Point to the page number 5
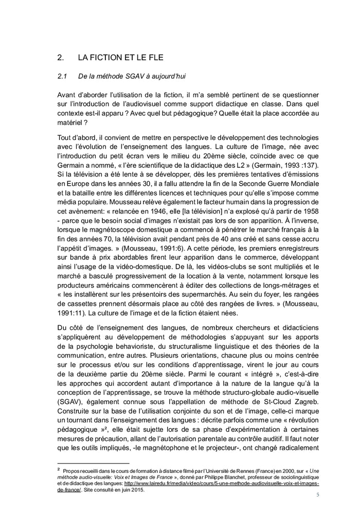pyautogui.click(x=317, y=495)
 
